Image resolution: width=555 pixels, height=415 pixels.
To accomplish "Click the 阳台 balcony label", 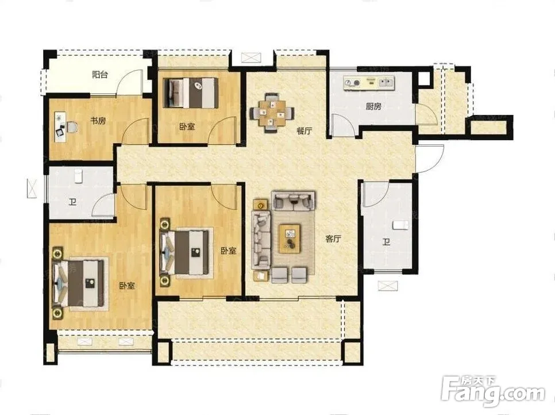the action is (x=100, y=75).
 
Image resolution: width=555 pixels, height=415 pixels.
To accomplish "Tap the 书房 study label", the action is (x=98, y=121).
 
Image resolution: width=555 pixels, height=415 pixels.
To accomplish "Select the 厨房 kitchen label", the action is (x=373, y=106).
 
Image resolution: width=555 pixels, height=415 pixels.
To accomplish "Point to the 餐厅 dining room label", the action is (x=305, y=130).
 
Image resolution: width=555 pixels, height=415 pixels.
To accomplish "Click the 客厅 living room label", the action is (x=333, y=239).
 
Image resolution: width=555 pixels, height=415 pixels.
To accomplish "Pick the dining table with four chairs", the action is (x=272, y=113).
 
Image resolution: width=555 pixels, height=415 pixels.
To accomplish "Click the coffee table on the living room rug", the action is (x=290, y=239).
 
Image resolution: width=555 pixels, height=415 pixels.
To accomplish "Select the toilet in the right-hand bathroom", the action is (x=401, y=225).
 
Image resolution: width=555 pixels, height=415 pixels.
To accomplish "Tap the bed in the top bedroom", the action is (x=191, y=93).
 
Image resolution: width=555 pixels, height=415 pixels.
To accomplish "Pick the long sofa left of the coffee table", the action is (x=261, y=240).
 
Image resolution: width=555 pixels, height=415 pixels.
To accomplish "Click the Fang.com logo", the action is (x=494, y=391).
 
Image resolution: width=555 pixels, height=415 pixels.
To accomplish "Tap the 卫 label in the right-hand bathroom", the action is (x=386, y=242).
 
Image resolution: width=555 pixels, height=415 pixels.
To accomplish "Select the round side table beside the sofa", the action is (x=261, y=205).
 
